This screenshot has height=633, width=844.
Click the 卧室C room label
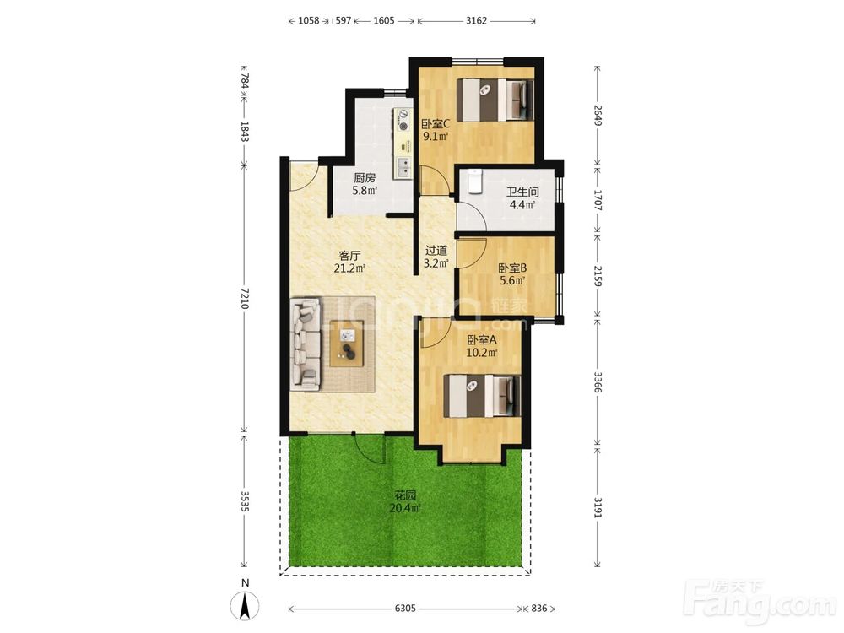[x=436, y=124]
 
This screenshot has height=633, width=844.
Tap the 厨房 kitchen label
[x=365, y=177]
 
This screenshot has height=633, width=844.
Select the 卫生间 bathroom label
[x=522, y=192]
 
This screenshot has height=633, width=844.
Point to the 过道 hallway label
[x=436, y=251]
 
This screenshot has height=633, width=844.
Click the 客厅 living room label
[x=350, y=255]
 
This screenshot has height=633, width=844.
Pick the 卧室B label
[x=512, y=268]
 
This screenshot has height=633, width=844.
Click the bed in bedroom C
[x=495, y=100]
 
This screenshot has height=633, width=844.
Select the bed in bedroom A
[x=482, y=396]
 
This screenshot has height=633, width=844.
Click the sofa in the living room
[x=306, y=344]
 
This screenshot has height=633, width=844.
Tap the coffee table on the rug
[x=347, y=344]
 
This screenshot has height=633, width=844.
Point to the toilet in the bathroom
[x=474, y=181]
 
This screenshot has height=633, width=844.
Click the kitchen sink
[x=403, y=168]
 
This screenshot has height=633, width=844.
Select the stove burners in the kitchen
[x=403, y=120]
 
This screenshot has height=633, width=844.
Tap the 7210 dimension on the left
[x=245, y=298]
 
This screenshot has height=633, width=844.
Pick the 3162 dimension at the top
[x=476, y=20]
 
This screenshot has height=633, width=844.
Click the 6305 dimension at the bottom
[x=405, y=609]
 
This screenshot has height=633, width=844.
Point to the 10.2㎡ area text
[x=482, y=353]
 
